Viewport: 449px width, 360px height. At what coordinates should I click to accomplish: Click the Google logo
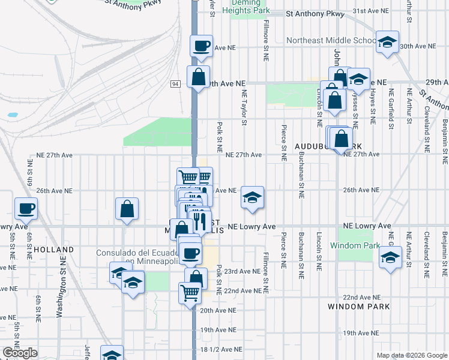click(x=20, y=353)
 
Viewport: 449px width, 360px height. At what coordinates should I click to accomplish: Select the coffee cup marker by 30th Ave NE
click(x=201, y=46)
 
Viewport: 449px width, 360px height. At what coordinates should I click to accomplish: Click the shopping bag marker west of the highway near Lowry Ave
click(x=127, y=209)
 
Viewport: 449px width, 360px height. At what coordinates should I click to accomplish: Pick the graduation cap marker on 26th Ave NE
click(x=252, y=197)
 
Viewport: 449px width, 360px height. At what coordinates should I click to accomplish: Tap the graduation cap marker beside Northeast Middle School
click(x=387, y=42)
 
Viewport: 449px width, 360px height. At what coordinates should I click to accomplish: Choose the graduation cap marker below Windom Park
click(x=390, y=259)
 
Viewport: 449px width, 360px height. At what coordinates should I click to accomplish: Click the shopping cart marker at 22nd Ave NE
click(x=189, y=293)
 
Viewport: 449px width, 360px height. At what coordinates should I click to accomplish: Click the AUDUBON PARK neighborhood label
click(x=328, y=146)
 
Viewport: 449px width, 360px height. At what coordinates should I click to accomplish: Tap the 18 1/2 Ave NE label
click(x=222, y=349)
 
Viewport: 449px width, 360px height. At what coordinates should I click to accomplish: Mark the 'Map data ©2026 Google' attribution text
click(x=411, y=355)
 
